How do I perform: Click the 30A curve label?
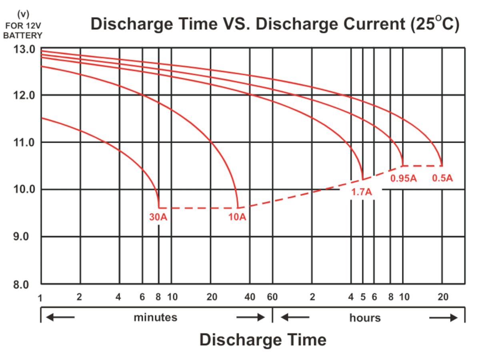tap(158, 217)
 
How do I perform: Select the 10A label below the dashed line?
tap(237, 217)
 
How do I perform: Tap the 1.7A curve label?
tap(362, 192)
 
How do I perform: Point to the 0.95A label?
tap(404, 178)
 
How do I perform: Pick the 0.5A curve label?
tap(442, 178)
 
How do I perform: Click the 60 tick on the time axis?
tap(272, 297)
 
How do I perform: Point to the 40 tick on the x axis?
tap(250, 297)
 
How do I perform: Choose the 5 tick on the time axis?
tap(363, 297)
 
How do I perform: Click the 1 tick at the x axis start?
tap(40, 298)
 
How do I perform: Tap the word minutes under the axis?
tap(155, 318)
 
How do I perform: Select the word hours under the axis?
tap(365, 318)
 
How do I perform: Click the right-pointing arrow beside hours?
tap(443, 318)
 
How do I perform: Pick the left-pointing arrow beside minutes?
tap(60, 318)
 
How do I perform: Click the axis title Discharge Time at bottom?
tap(263, 340)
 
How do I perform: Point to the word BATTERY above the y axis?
tap(23, 35)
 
